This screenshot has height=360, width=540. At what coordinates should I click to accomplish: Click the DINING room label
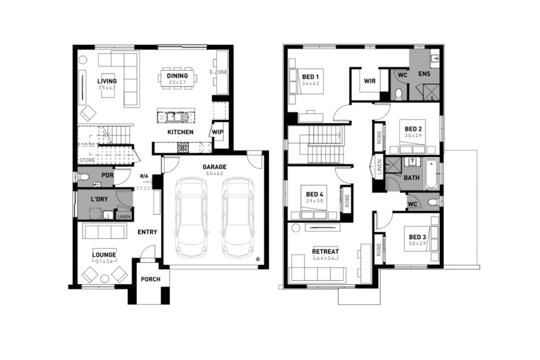177,76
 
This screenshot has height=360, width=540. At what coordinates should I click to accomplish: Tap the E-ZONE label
219,72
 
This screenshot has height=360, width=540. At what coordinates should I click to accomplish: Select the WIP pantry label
217,132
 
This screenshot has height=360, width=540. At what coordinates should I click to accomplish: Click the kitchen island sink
177,117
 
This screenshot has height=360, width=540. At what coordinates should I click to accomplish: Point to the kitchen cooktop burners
183,147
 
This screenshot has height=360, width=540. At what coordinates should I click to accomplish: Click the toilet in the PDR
83,177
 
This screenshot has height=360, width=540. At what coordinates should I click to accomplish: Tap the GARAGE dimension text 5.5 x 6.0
214,173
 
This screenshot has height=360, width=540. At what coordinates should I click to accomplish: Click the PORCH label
150,279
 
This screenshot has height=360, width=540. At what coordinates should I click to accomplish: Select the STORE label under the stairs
87,160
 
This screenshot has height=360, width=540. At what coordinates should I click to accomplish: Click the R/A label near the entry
144,176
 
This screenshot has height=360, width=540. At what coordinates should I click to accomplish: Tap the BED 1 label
310,77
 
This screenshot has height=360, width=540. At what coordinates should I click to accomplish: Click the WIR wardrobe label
369,81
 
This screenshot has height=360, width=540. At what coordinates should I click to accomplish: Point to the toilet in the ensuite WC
399,94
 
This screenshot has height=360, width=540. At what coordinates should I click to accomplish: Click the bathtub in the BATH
432,174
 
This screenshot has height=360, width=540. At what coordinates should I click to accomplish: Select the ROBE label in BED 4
347,201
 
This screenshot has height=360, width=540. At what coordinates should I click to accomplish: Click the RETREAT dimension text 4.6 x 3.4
326,258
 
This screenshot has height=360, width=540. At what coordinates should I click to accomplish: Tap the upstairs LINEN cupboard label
379,167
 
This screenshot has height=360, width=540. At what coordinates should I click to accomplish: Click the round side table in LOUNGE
104,279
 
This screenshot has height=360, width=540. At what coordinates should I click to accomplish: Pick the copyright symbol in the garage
258,259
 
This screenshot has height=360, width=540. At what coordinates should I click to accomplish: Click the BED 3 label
417,237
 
